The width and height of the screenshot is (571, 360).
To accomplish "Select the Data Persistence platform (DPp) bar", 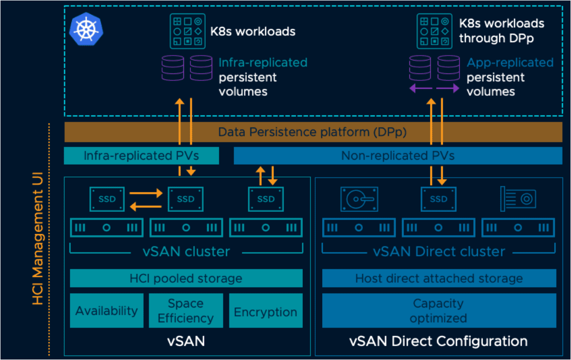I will pyautogui.click(x=313, y=132).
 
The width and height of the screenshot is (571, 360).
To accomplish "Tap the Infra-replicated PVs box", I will pyautogui.click(x=141, y=156).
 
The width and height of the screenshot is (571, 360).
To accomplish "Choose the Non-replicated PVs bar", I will pyautogui.click(x=398, y=156).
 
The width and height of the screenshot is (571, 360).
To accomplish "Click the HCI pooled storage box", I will pyautogui.click(x=186, y=278).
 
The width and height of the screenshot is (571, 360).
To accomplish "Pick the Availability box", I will pyautogui.click(x=107, y=311).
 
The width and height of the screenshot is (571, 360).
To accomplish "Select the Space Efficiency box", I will pyautogui.click(x=186, y=311).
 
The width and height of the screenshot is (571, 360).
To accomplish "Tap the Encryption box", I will pyautogui.click(x=266, y=311).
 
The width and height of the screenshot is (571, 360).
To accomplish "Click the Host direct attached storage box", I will pyautogui.click(x=439, y=278).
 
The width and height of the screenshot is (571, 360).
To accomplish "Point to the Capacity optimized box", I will pyautogui.click(x=439, y=310).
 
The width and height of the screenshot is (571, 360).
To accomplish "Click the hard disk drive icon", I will pyautogui.click(x=359, y=199).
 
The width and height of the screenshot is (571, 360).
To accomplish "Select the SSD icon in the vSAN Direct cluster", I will pyautogui.click(x=439, y=199).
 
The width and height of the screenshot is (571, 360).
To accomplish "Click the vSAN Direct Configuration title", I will pyautogui.click(x=439, y=341).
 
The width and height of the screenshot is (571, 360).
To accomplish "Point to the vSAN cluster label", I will pyautogui.click(x=186, y=251).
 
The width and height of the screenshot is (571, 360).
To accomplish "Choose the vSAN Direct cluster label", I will pyautogui.click(x=439, y=251).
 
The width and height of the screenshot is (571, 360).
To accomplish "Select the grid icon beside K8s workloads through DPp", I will pyautogui.click(x=434, y=31).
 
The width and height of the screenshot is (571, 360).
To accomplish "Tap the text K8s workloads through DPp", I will pyautogui.click(x=501, y=31).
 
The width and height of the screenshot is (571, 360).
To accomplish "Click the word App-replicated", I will pyautogui.click(x=510, y=63).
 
